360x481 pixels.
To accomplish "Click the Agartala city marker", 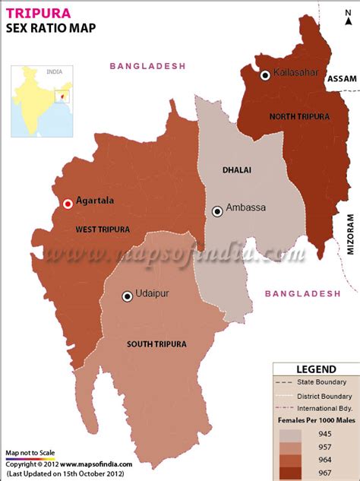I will tap(68, 203).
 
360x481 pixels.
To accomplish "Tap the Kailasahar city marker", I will tap(265, 74).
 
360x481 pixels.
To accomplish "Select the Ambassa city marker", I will tap(217, 210).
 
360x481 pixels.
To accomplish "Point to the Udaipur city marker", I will tap(127, 296).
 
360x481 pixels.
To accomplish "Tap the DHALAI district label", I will tap(236, 170).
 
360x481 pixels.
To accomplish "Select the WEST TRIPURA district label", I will tap(103, 229).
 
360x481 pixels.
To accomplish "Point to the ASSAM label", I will tap(341, 78).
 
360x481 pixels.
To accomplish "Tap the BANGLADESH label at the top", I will tap(148, 66).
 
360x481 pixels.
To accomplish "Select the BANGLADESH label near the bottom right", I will tap(303, 293).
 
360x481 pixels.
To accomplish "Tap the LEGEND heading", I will tap(316, 369).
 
